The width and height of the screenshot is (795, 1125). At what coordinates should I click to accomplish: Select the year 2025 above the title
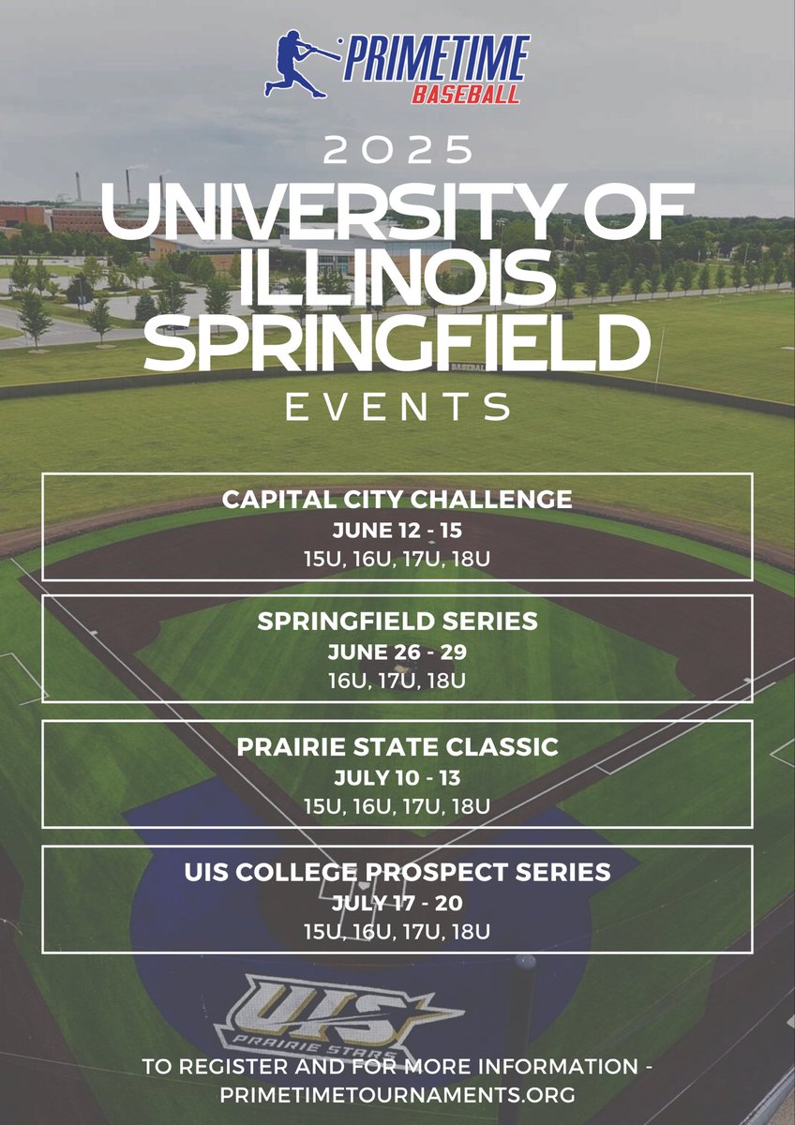point(397,147)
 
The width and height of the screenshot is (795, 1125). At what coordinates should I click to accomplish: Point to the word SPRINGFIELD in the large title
point(397,342)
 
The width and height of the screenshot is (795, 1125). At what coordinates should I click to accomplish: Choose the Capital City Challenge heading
point(397,500)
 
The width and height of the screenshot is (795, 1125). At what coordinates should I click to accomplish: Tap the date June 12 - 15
point(397,531)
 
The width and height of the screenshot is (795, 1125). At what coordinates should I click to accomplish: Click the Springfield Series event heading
point(397,621)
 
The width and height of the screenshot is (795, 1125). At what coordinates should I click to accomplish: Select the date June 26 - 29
point(397,652)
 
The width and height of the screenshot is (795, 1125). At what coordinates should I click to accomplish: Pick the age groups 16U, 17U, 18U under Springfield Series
point(397,681)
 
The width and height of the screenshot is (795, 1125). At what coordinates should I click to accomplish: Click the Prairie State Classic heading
point(397,747)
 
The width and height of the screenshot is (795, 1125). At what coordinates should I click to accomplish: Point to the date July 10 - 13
point(397,778)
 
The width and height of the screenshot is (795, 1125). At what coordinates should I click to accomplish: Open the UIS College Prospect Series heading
point(397,873)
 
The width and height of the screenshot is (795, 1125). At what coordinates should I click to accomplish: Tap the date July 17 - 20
point(397,904)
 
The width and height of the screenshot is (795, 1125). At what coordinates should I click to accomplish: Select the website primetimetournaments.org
point(397,1094)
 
